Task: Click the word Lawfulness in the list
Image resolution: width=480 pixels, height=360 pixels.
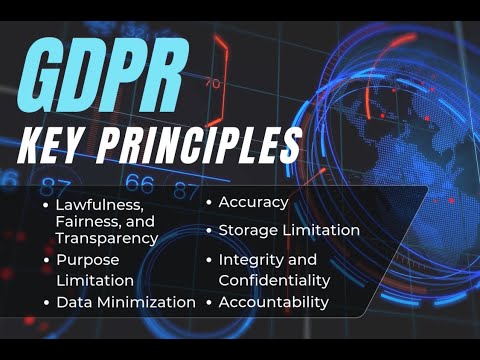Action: tap(94, 206)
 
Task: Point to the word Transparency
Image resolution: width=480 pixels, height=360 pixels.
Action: tap(107, 238)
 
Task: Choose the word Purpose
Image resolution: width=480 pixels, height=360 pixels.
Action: tap(86, 260)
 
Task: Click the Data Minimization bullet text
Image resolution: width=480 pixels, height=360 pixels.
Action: tap(126, 302)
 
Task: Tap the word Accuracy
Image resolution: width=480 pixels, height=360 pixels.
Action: tap(254, 202)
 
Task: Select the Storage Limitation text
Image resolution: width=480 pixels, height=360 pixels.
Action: tap(289, 230)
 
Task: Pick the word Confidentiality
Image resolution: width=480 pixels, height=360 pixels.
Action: tap(274, 281)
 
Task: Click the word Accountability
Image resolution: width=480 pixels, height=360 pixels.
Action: tap(273, 302)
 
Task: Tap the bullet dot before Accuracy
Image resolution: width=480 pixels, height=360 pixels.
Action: tap(208, 203)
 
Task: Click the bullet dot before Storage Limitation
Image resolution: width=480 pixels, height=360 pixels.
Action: tap(208, 231)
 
